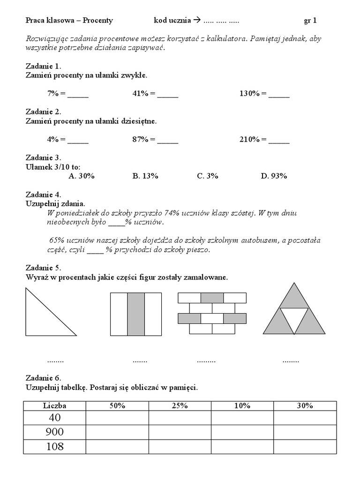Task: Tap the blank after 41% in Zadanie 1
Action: [x=167, y=94]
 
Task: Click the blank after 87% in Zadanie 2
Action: [x=167, y=140]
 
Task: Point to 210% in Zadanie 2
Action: [x=249, y=139]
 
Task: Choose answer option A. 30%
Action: [x=82, y=176]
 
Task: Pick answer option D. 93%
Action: [x=274, y=176]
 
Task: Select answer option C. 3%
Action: [x=208, y=176]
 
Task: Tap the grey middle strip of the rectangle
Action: [x=136, y=314]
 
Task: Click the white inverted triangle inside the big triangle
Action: [x=294, y=319]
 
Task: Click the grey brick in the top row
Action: [x=212, y=298]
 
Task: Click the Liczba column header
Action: [x=55, y=406]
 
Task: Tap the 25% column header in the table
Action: [x=180, y=406]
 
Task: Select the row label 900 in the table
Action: [x=55, y=432]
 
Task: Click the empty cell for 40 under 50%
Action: [x=117, y=417]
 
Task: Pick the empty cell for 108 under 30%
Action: [x=305, y=446]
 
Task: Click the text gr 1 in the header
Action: [x=310, y=20]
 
